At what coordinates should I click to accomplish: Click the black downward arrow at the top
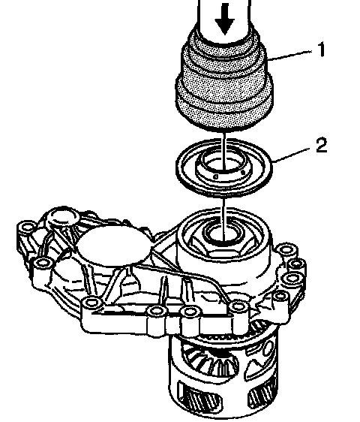coord(224,20)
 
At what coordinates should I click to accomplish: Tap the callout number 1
coord(321,50)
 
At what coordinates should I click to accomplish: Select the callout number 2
coord(321,146)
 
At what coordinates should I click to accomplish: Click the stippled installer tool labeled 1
coord(224,83)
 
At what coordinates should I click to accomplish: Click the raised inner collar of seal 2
coord(224,166)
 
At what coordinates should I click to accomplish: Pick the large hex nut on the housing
coord(223,243)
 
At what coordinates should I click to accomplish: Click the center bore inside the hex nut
coord(223,234)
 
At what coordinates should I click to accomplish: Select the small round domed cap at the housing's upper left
coord(63,216)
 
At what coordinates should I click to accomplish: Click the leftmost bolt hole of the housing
coord(28,228)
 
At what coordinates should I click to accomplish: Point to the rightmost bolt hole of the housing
coord(296,264)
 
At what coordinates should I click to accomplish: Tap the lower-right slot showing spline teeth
coord(262,395)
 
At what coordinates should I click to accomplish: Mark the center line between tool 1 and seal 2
coord(223,151)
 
